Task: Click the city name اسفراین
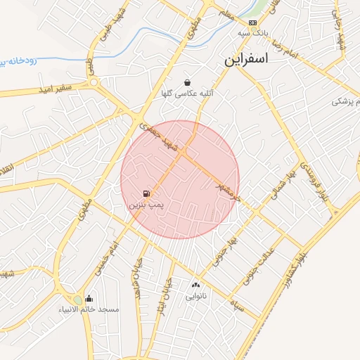coord(247,59)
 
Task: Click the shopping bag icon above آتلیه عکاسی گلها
coord(187,82)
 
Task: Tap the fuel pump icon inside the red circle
coord(146,193)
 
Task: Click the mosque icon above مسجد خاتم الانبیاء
coord(89,298)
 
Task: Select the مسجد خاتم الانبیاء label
coord(89,309)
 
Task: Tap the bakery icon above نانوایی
coord(195,285)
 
